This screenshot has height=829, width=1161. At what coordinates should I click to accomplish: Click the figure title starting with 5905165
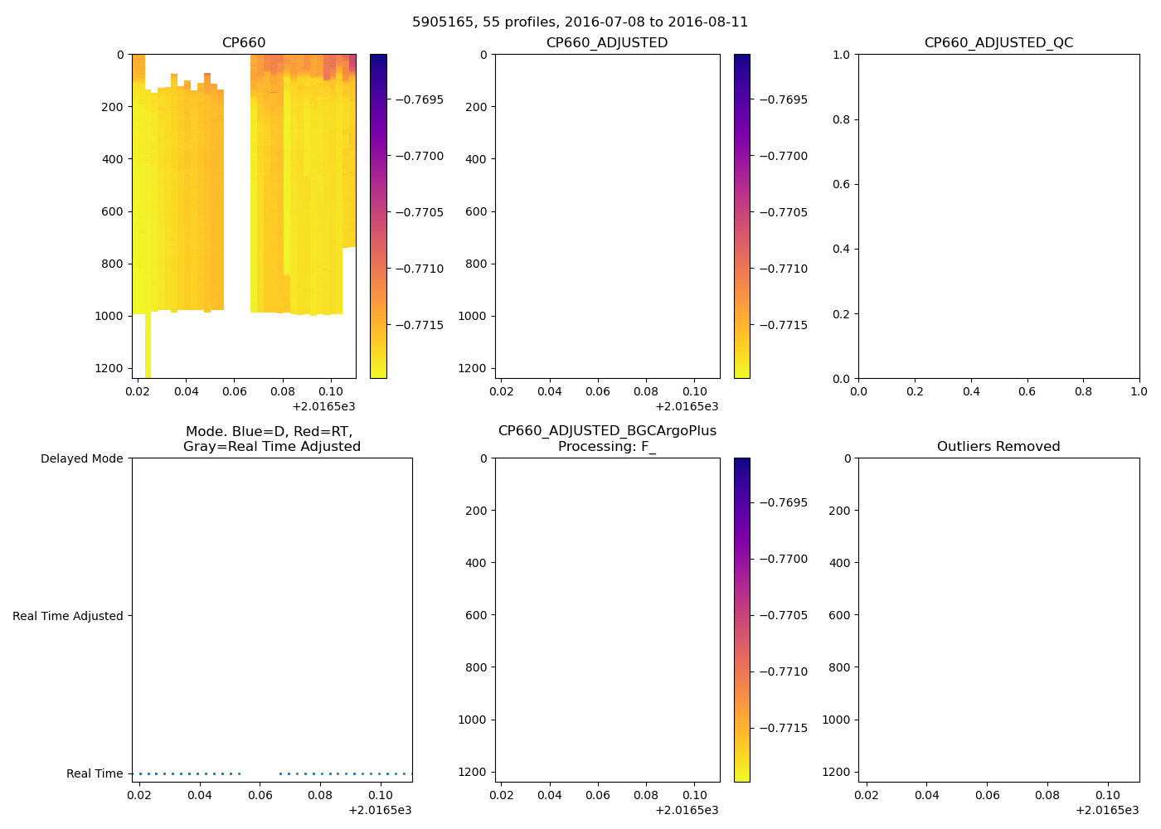click(580, 22)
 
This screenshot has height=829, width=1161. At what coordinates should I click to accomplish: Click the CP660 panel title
click(244, 43)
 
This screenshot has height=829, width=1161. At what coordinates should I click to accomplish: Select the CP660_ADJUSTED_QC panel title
click(998, 43)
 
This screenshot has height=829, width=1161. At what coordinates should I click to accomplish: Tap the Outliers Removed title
click(998, 447)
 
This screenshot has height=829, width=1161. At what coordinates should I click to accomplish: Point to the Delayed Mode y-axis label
click(81, 458)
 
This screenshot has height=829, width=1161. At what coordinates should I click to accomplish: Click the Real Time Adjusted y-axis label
click(67, 616)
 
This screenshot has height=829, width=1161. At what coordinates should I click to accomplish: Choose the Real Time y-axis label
click(95, 773)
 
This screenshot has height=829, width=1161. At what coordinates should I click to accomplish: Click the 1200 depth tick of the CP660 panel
click(109, 368)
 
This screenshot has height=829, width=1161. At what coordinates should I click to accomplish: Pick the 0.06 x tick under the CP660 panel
click(235, 391)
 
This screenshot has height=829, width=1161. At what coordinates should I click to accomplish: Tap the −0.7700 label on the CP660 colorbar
click(419, 156)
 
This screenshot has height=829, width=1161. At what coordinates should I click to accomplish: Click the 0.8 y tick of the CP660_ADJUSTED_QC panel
click(842, 119)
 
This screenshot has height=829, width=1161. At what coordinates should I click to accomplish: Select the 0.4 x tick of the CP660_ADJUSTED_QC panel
click(971, 391)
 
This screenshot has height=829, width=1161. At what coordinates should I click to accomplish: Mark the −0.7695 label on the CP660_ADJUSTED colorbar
click(783, 99)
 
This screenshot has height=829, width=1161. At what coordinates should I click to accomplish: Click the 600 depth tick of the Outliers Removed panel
click(839, 615)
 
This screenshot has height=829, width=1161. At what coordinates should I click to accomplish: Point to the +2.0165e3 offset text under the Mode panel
click(380, 810)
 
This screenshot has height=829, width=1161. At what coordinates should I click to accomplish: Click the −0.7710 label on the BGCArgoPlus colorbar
click(783, 671)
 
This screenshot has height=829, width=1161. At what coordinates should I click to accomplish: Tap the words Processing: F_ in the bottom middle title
click(607, 447)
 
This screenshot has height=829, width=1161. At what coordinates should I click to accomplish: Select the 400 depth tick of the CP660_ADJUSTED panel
click(476, 159)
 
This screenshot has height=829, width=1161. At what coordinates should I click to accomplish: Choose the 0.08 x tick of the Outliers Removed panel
click(1047, 795)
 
